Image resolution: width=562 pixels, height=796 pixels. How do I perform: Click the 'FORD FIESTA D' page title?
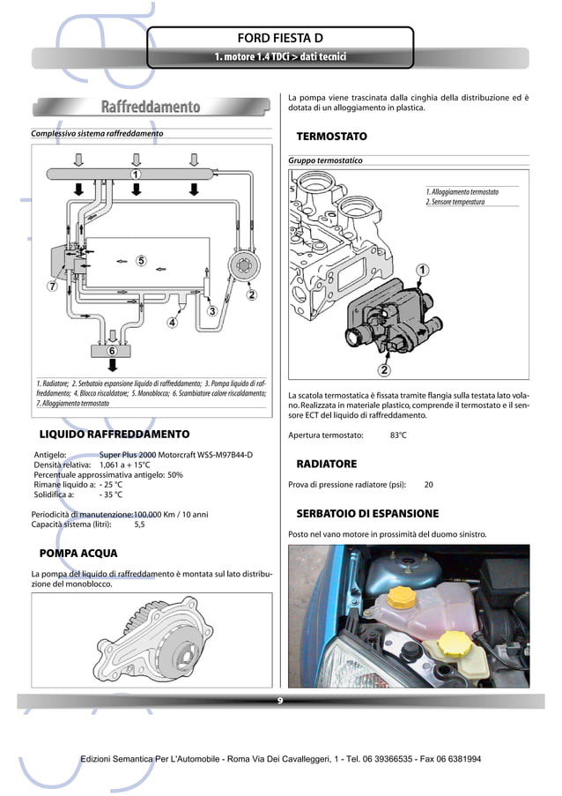280,39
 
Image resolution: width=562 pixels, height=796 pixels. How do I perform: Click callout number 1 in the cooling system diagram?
136,175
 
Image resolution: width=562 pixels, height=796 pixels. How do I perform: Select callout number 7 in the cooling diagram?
52,286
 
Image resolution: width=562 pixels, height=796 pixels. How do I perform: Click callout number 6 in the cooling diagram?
112,351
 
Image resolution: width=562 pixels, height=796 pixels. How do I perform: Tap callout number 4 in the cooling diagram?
172,323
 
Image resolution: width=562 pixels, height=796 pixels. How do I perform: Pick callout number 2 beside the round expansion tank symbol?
251,294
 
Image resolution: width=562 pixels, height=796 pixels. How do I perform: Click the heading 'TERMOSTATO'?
331,138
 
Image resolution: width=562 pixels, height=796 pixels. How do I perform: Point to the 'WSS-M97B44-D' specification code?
225,455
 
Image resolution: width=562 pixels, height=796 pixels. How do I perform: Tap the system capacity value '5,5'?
139,524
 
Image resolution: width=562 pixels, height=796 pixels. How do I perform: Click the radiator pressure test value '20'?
428,485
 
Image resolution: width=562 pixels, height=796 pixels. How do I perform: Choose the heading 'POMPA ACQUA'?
78,554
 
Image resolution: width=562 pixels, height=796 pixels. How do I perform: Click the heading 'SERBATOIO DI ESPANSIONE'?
367,513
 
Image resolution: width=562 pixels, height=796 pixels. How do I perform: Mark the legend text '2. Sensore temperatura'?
455,203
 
